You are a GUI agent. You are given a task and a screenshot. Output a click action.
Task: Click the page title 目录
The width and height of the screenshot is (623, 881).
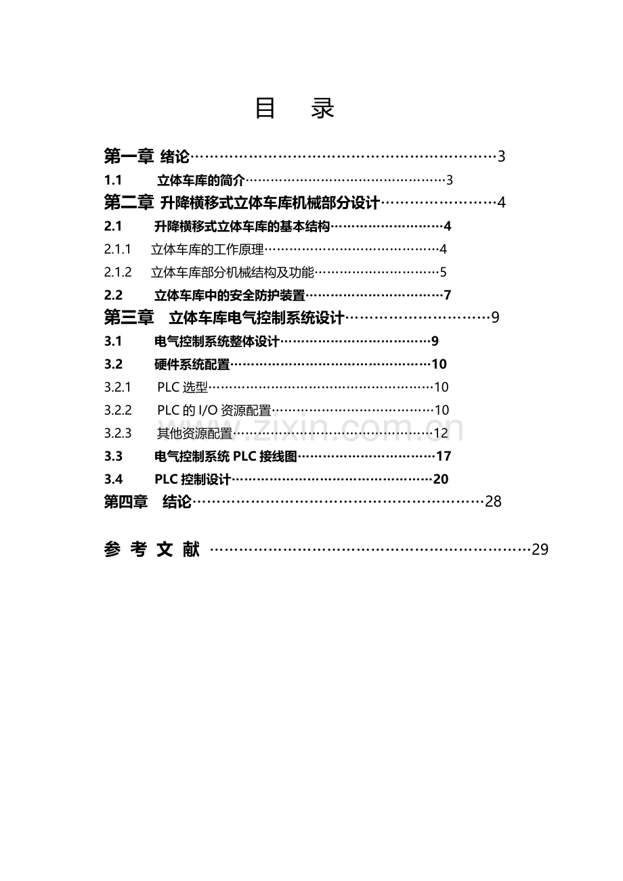click(x=295, y=108)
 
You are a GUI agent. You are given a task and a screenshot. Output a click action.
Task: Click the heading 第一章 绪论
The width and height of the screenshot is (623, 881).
click(x=147, y=156)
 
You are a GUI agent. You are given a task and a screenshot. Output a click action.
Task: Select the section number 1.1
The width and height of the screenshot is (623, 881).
click(x=113, y=180)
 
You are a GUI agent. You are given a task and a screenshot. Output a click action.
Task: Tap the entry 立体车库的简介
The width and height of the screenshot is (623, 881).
click(x=201, y=180)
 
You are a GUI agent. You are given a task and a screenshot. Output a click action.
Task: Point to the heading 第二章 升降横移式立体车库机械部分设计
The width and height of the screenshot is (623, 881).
click(x=242, y=202)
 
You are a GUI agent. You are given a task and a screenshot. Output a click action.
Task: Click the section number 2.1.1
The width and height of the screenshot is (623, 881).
click(x=117, y=249)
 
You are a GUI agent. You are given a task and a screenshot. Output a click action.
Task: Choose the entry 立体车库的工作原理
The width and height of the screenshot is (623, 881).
click(x=207, y=250)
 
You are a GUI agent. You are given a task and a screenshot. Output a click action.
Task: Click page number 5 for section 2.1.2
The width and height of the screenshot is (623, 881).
click(x=443, y=272)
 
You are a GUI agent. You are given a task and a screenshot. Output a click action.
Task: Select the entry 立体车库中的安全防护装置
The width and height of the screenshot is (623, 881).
click(x=230, y=295)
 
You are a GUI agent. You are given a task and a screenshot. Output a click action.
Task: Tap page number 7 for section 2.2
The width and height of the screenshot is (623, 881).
click(x=447, y=295)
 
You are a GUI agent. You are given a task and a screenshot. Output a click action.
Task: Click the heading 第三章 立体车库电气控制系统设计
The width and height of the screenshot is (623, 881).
click(x=224, y=317)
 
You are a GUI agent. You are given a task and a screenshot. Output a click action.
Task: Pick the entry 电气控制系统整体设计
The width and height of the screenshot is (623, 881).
click(x=217, y=341)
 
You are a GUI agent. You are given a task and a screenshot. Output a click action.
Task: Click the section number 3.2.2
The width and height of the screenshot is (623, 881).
click(x=118, y=410)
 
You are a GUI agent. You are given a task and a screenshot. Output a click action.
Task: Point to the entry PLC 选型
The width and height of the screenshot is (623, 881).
click(x=182, y=388)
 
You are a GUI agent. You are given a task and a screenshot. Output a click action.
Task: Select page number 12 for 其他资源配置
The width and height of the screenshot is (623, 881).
click(x=441, y=433)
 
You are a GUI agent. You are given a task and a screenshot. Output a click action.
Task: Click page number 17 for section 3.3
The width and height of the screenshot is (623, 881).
click(x=444, y=456)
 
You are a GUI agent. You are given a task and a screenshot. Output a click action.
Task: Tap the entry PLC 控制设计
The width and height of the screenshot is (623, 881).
click(x=192, y=479)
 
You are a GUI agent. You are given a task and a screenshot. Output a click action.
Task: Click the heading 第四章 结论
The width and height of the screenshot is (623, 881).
click(x=148, y=501)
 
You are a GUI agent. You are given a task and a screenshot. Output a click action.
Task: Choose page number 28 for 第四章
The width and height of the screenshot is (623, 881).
click(x=493, y=501)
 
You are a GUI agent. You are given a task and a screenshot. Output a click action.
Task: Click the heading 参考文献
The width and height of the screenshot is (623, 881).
click(x=152, y=549)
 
